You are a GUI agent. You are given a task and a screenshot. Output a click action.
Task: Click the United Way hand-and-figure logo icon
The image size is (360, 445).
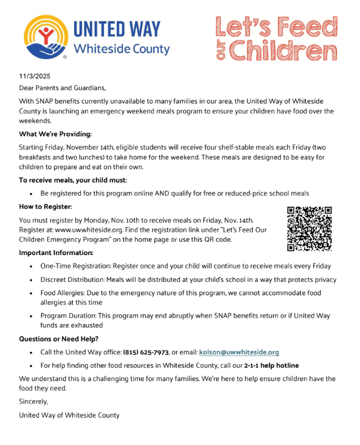click(44, 35)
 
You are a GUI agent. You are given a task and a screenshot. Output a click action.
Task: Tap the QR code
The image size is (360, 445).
click(309, 229)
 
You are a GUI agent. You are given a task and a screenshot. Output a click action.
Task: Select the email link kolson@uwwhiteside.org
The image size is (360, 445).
click(238, 352)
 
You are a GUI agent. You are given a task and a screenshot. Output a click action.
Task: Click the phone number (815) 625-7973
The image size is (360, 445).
click(146, 352)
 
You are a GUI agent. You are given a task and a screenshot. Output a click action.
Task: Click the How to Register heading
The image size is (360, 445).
click(46, 206)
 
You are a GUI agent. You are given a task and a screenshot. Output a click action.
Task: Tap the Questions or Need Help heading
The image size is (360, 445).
click(58, 338)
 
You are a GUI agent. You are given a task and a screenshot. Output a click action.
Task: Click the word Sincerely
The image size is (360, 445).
click(33, 402)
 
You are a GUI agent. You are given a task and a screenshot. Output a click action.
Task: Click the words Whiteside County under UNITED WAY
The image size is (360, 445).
click(121, 49)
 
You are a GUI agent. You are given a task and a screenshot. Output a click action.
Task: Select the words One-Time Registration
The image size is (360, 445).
click(77, 266)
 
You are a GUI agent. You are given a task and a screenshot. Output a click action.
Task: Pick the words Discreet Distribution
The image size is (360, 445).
click(76, 279)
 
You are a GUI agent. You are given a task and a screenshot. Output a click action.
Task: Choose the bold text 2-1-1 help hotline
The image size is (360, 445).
click(271, 365)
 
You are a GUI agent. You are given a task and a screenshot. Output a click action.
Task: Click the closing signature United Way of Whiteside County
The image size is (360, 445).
click(69, 415)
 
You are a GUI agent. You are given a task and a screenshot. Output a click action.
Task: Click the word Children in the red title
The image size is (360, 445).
click(285, 50)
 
